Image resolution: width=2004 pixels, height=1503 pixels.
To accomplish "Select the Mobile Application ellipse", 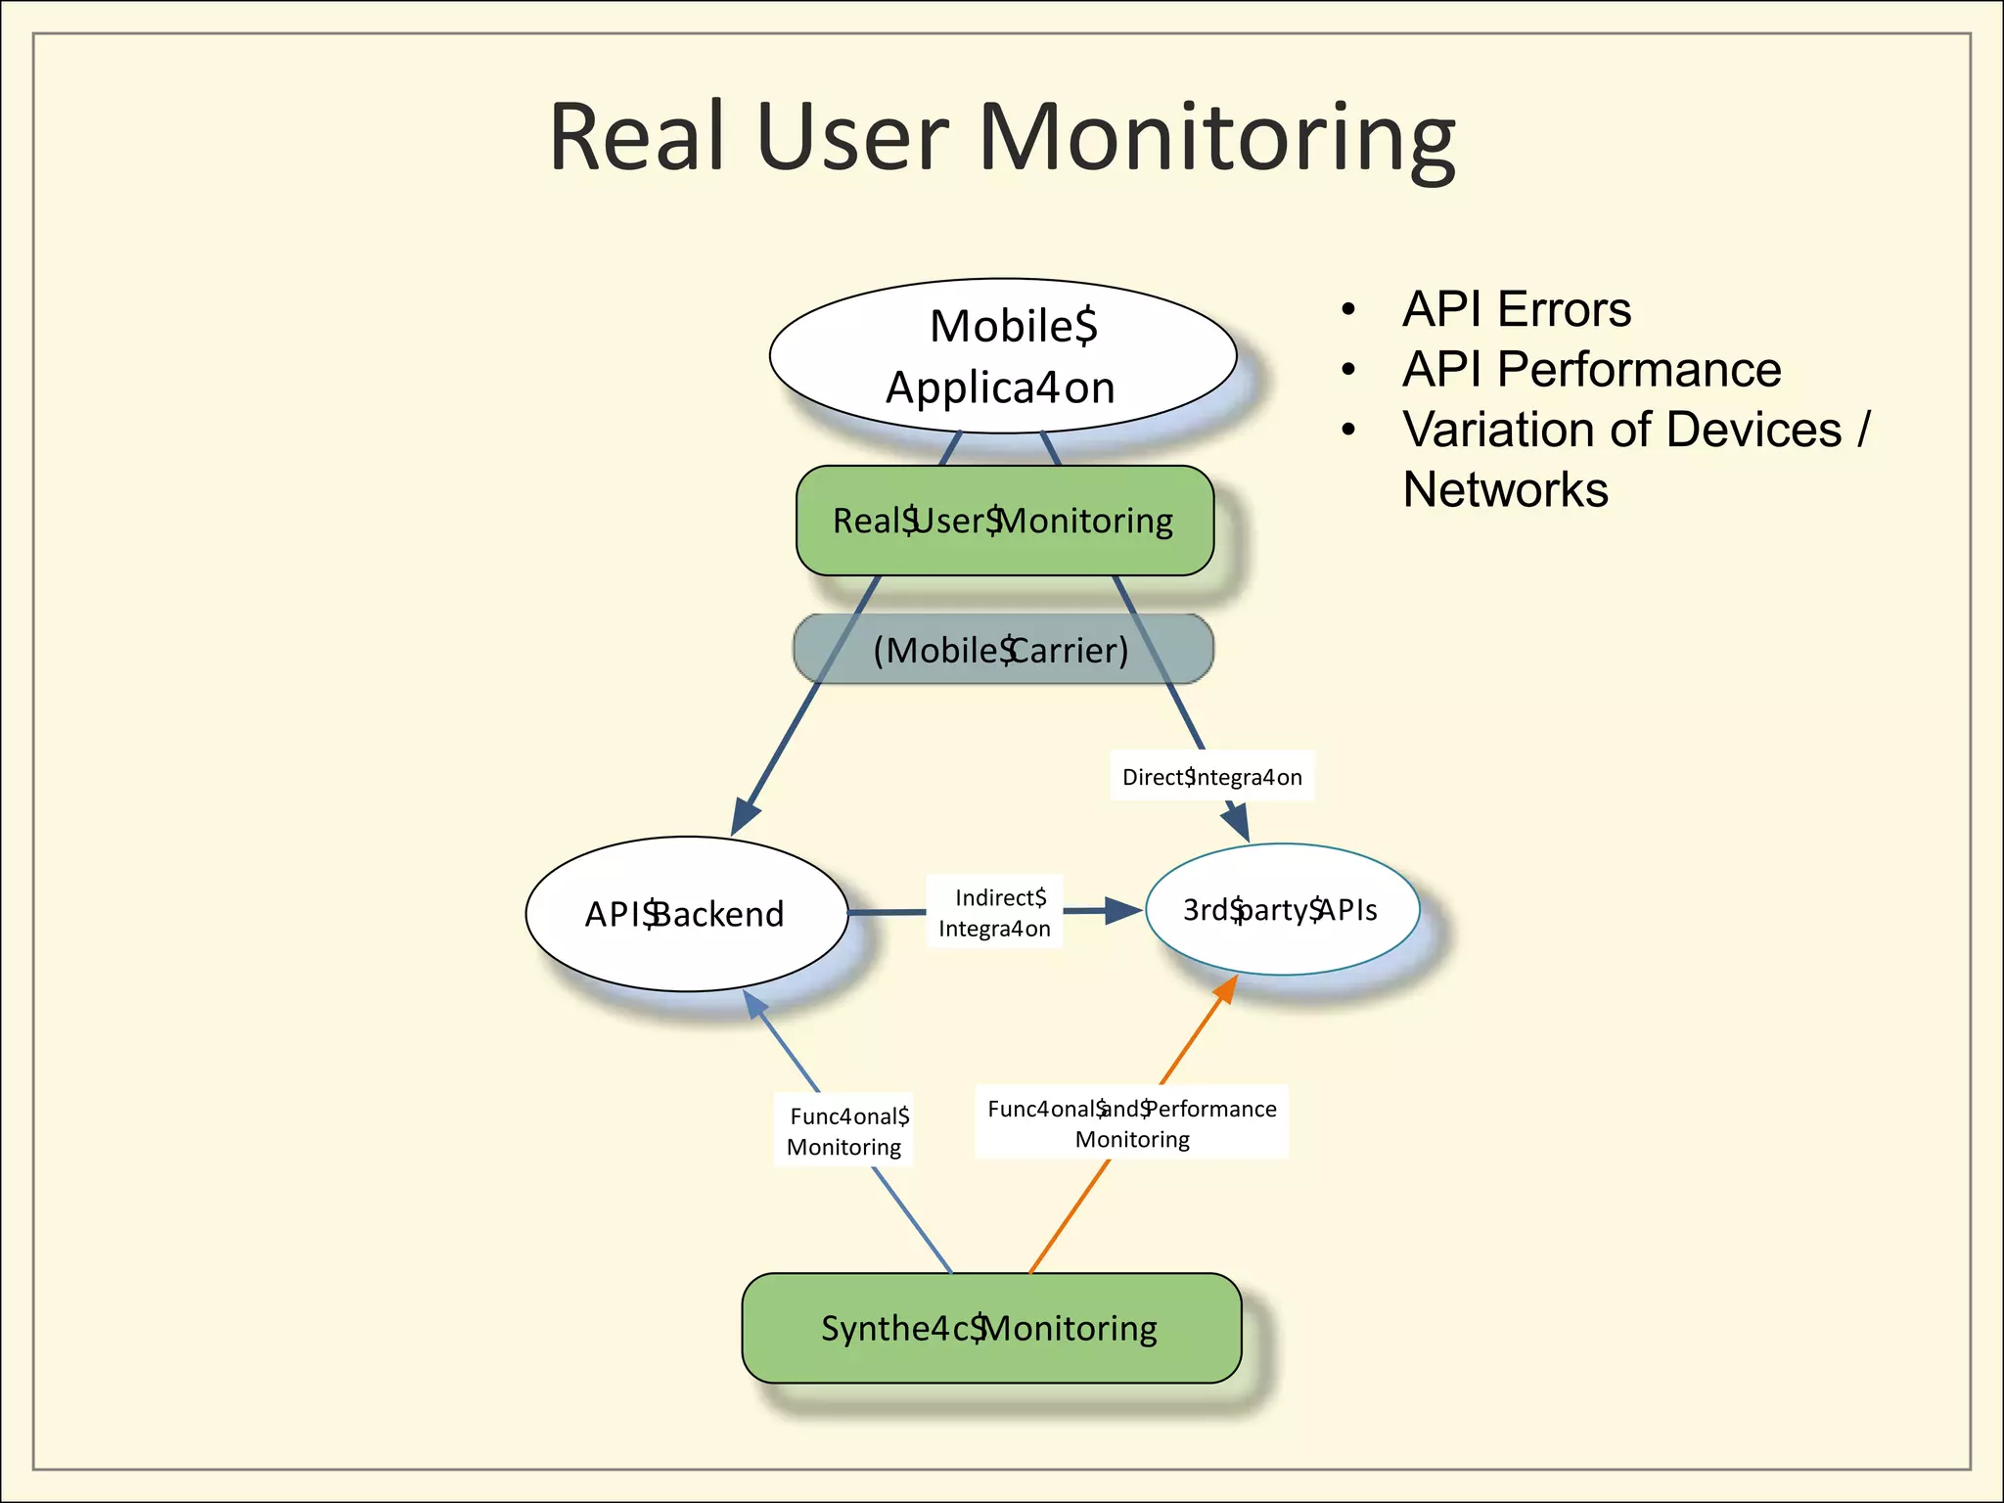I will coord(1002,356).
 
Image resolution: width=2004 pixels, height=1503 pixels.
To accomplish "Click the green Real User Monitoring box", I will coord(1004,521).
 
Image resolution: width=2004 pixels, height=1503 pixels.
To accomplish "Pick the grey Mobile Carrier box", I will coord(1002,650).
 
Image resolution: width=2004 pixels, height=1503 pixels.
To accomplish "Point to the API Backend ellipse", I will coord(685,914).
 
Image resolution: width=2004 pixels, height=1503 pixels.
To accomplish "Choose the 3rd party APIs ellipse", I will coord(1281,910).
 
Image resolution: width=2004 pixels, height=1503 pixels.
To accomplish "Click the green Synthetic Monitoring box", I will coord(990,1328).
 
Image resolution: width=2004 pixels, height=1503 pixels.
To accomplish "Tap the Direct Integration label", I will coord(1211,777).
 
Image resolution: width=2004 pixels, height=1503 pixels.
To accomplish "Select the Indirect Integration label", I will coord(995,913).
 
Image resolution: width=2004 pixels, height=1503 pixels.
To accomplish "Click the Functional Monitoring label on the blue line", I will coord(844,1131).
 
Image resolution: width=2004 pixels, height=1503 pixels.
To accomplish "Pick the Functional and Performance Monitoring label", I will coord(1131,1122).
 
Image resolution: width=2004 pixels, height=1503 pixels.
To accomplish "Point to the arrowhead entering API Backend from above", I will coord(746,816).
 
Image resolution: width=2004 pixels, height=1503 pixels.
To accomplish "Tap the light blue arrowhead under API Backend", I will coord(754,1004).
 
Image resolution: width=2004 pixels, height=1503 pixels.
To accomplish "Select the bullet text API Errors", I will coord(1516,309).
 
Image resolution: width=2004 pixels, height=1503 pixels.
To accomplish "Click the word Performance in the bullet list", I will coord(1639,370).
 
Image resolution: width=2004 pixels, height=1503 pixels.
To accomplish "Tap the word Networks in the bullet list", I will coord(1505,489).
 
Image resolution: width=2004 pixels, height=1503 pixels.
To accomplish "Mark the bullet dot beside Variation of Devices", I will coord(1348,430).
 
